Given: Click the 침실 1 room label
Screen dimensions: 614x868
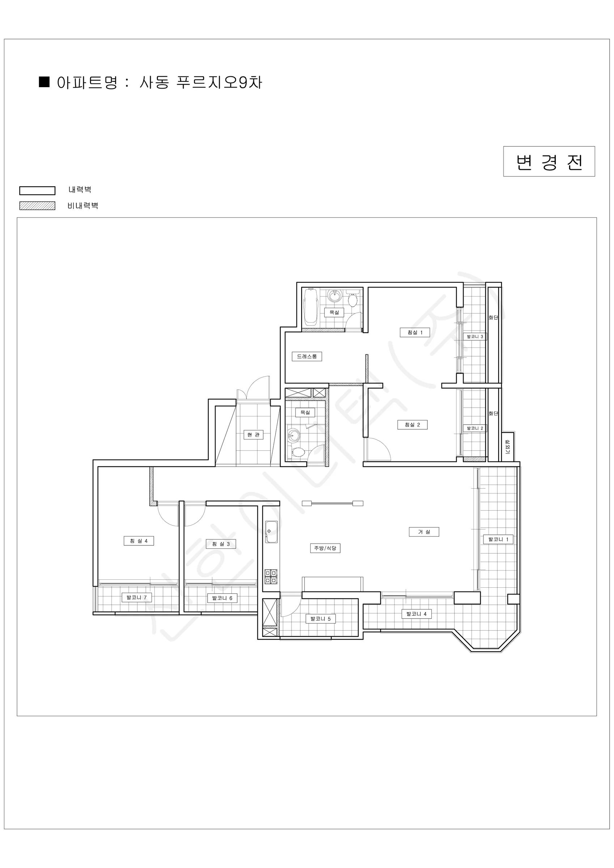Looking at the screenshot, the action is [415, 332].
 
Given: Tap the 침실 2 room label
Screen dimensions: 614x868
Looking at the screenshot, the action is [412, 425].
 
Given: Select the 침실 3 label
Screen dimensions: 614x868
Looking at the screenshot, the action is [221, 544].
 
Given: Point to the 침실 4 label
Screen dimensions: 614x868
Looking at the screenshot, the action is [139, 541].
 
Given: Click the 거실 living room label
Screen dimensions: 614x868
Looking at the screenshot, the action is [424, 532].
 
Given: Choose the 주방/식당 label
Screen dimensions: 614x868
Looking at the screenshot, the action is [325, 548].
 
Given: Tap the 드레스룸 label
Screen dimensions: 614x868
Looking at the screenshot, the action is [307, 356].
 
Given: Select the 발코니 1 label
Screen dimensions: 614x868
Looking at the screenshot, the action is [498, 539].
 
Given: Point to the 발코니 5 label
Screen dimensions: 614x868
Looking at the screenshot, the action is [321, 618].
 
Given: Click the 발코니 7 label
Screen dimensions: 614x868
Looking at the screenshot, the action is [136, 597].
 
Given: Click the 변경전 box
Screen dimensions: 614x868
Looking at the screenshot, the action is [549, 161].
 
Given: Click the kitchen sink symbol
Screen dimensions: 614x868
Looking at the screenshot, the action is [271, 532].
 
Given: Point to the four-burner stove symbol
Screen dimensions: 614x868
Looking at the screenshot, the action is [271, 577].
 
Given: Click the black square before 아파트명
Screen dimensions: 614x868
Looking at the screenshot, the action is [44, 82].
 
